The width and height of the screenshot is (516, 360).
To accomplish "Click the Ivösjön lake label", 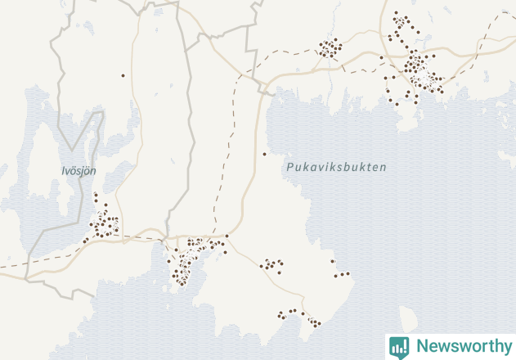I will [x=79, y=171].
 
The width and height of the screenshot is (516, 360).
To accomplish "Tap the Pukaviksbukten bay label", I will [x=336, y=167].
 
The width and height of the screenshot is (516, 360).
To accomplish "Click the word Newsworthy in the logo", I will [x=461, y=346].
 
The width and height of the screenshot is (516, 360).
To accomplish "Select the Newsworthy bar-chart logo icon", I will [x=399, y=346].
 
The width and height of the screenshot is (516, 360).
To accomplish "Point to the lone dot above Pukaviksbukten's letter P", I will [x=264, y=154].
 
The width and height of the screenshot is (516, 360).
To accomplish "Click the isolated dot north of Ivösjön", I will [x=123, y=75].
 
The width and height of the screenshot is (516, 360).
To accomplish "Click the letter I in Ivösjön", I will [x=64, y=171].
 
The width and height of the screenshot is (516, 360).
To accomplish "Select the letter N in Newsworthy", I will [x=422, y=346].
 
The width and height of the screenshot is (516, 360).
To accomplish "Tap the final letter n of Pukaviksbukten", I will [x=383, y=167].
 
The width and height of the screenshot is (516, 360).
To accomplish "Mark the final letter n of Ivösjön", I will [x=93, y=171].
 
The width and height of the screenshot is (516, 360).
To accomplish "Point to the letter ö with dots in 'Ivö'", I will [x=74, y=171].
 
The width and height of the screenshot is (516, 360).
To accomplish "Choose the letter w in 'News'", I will [x=444, y=347].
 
